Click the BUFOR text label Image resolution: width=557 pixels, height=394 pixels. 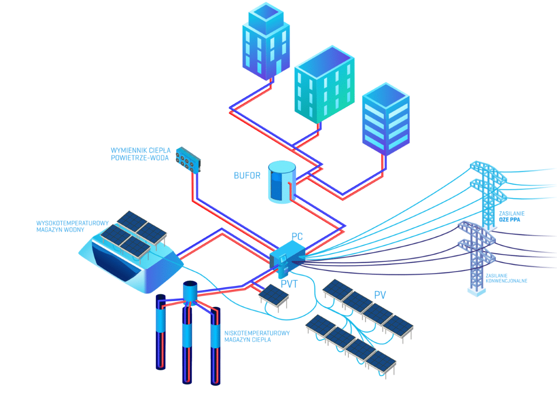pyautogui.click(x=247, y=176)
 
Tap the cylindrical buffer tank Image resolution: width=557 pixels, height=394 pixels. pyautogui.click(x=282, y=182)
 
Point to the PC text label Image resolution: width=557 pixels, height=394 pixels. pyautogui.click(x=297, y=236)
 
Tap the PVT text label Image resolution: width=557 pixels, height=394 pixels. pyautogui.click(x=289, y=285)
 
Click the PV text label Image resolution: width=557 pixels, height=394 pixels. pyautogui.click(x=380, y=294)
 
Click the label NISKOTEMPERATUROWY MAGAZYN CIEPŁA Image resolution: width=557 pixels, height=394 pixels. pyautogui.click(x=257, y=336)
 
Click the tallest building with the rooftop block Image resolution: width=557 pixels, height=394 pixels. pyautogui.click(x=266, y=42)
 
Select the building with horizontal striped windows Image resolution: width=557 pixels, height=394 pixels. pyautogui.click(x=386, y=120)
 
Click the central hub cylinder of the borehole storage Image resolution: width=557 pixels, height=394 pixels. pyautogui.click(x=190, y=291)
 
